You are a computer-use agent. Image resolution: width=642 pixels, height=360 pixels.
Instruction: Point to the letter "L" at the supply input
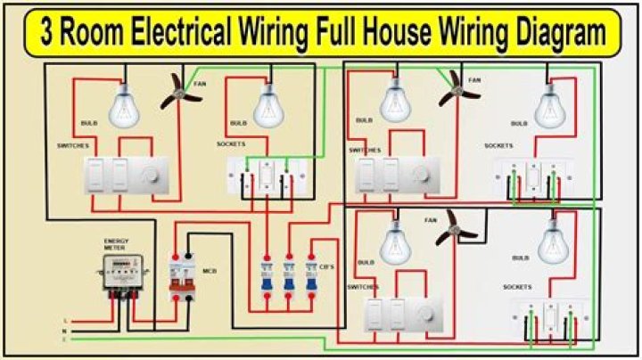(65, 320)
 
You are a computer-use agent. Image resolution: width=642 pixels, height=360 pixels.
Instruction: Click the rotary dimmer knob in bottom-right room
(425, 313)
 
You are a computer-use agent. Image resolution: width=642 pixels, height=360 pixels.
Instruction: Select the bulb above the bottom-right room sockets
(553, 241)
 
